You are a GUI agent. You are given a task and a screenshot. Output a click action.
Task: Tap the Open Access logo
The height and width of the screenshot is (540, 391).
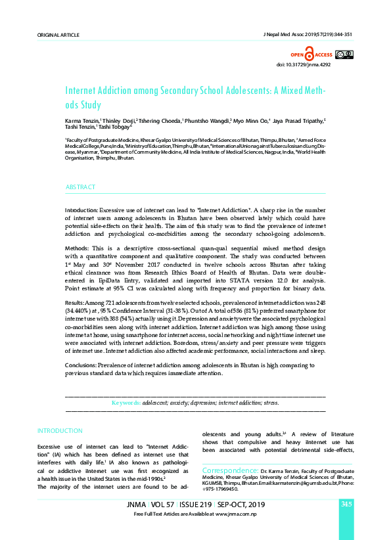pyautogui.click(x=311, y=55)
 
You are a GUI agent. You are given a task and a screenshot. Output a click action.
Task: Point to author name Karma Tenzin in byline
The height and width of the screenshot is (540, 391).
pyautogui.click(x=81, y=122)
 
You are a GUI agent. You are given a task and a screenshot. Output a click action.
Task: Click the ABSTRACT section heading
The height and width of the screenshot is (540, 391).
pyautogui.click(x=81, y=187)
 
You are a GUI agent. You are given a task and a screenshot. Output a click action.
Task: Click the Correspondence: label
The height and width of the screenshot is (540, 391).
pyautogui.click(x=229, y=471)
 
